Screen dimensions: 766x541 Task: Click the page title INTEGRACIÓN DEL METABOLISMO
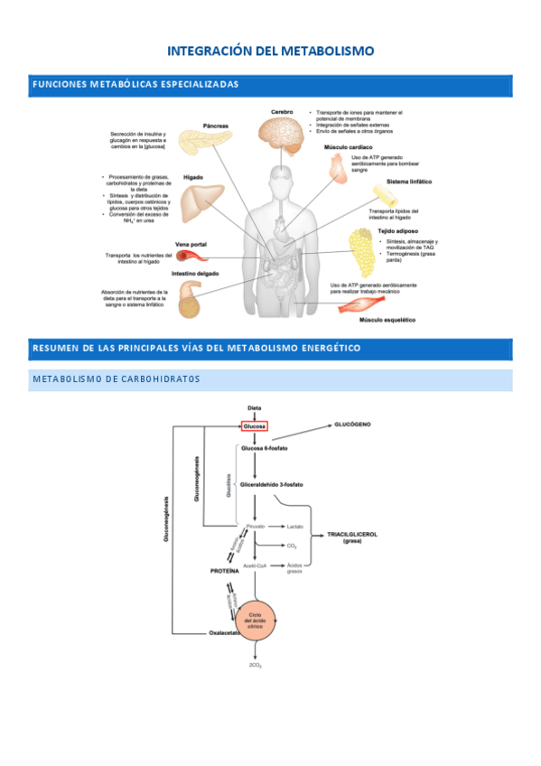click(271, 51)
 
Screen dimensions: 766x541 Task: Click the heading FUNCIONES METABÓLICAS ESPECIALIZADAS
click(135, 84)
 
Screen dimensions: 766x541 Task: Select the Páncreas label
click(215, 126)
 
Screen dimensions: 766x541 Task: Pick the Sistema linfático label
click(409, 181)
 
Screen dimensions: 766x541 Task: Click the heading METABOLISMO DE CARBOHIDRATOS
click(116, 378)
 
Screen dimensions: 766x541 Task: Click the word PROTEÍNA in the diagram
click(225, 572)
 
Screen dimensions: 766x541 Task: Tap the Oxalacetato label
click(226, 633)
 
